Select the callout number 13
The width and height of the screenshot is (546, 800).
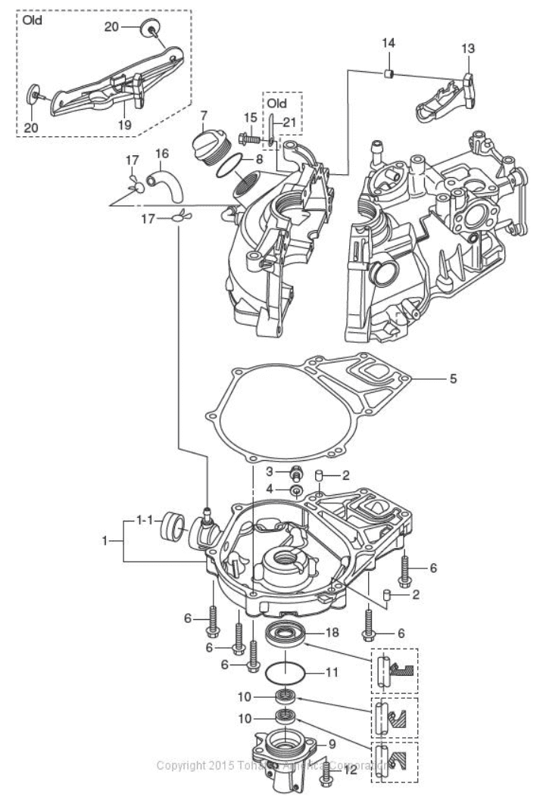(x=468, y=48)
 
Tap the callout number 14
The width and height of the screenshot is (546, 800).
(x=388, y=45)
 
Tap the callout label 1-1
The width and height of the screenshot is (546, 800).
(x=145, y=521)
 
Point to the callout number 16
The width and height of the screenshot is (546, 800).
(x=161, y=154)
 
